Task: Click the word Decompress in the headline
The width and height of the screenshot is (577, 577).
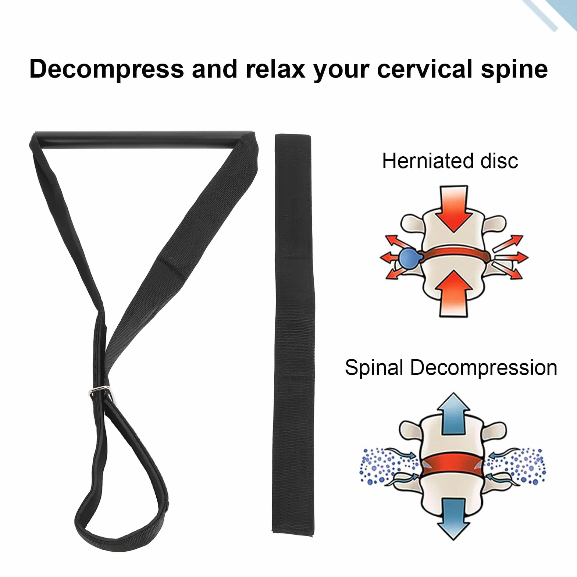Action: click(x=107, y=69)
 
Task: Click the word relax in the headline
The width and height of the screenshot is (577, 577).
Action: click(x=275, y=69)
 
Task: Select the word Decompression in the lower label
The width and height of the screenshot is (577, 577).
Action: click(x=484, y=367)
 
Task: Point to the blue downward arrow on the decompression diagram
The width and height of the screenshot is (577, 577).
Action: click(x=453, y=519)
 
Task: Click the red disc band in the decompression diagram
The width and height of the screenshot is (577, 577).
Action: click(x=453, y=465)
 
